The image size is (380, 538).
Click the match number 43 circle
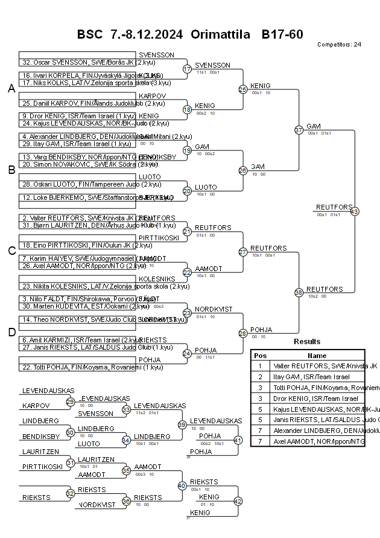[x=354, y=211]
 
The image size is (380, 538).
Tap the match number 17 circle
[x=187, y=69]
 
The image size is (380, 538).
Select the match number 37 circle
[x=299, y=130]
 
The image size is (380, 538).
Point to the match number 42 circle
[x=238, y=501]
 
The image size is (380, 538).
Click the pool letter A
[x=11, y=89]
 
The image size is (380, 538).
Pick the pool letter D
[x=11, y=331]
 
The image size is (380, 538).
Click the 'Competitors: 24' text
[x=339, y=45]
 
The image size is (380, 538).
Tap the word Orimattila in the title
[x=220, y=34]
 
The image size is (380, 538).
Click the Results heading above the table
[x=307, y=342]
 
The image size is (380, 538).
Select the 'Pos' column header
[x=260, y=356]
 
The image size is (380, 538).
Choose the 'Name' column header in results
[x=317, y=356]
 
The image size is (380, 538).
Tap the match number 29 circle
[x=70, y=402]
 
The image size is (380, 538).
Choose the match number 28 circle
[x=242, y=333]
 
